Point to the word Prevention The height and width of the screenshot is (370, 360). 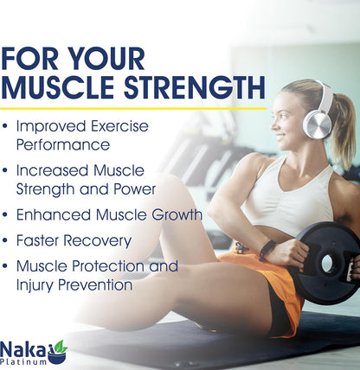pos(95,284)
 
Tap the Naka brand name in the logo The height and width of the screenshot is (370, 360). pos(25,348)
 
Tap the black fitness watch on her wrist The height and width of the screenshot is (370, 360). pos(267,250)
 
